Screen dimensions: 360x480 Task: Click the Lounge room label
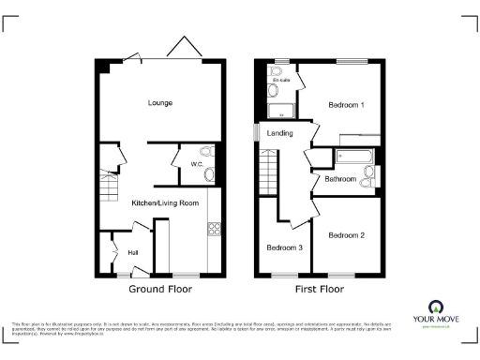[158, 102]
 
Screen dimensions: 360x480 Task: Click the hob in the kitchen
[213, 227]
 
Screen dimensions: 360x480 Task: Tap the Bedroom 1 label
[346, 105]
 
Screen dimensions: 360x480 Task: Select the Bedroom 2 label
[346, 235]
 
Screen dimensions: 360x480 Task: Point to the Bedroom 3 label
[283, 247]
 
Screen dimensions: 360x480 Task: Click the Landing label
[279, 134]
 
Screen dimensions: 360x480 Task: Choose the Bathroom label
[340, 178]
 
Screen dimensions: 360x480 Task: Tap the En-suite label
[280, 81]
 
